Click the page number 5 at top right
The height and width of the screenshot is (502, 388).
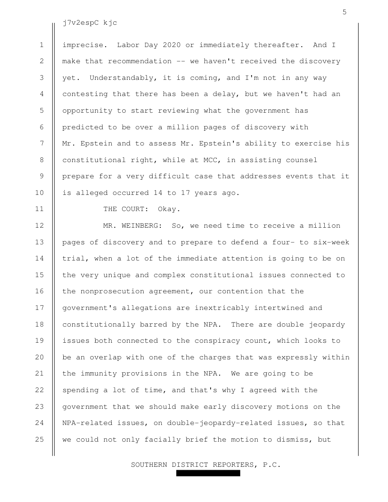pyautogui.click(x=344, y=12)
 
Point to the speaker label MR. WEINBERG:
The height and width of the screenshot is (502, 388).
pyautogui.click(x=133, y=225)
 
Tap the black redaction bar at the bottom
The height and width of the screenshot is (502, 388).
pyautogui.click(x=208, y=473)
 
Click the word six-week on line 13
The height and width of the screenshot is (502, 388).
pyautogui.click(x=331, y=241)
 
